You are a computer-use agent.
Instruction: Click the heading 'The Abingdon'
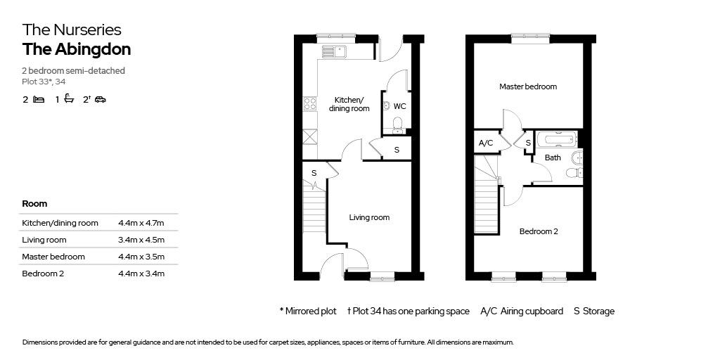77,50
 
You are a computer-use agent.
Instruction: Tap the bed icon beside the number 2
39,99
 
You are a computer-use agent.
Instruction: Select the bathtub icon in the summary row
69,98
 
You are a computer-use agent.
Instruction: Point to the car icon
101,99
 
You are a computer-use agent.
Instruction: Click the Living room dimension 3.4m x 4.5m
141,240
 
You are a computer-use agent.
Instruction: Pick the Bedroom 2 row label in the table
43,274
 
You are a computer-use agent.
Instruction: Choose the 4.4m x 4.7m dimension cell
141,223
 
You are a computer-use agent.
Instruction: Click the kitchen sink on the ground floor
335,51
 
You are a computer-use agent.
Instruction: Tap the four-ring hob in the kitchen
310,104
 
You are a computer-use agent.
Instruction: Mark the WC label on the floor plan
400,107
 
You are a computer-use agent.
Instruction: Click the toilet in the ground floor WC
398,123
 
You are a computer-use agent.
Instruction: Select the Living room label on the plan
369,217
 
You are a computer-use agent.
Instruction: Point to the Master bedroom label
528,86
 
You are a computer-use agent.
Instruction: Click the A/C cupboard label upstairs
486,143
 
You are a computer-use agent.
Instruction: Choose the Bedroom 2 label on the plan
539,231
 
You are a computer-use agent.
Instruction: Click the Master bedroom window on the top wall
532,39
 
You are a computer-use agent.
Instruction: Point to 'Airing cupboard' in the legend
532,311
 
